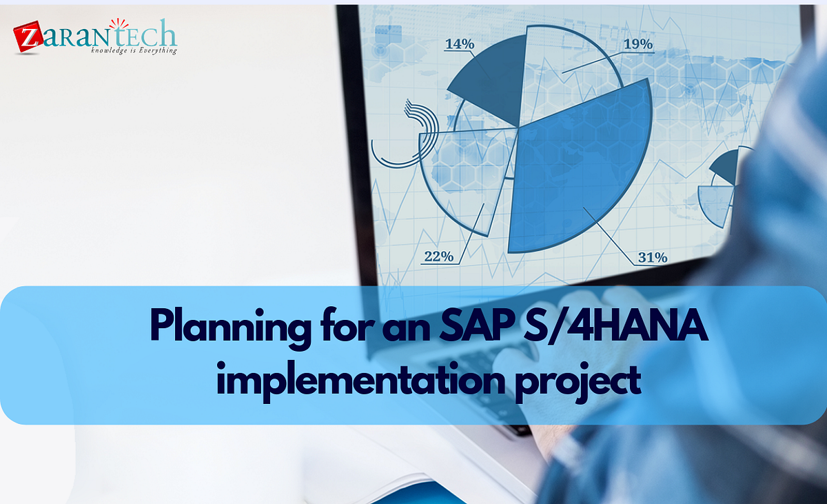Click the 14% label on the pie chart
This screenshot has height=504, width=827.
click(460, 44)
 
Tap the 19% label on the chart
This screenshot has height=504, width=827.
click(638, 44)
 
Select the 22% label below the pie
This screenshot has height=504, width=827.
click(438, 256)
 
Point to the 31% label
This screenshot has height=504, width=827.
click(652, 257)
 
